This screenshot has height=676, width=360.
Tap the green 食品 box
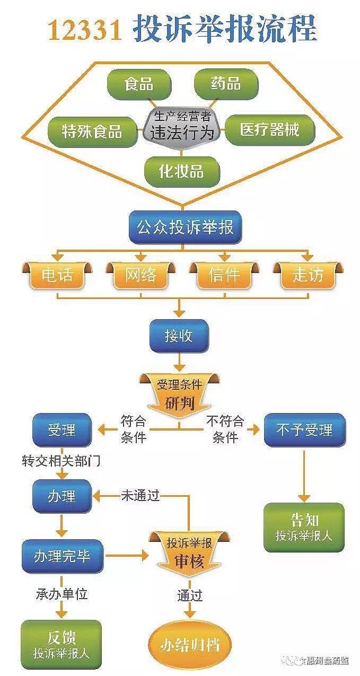point(139,84)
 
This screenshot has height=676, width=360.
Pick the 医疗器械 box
point(270,129)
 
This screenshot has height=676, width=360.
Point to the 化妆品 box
point(181,171)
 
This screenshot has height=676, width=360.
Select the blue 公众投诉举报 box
point(185,227)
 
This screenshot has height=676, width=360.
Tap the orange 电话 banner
point(57,275)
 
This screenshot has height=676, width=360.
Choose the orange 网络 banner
point(141,275)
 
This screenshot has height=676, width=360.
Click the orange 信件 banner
point(224,275)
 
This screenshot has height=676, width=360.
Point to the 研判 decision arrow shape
point(180,395)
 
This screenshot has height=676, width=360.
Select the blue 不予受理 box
point(305,429)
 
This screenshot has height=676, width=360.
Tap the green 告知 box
point(304,526)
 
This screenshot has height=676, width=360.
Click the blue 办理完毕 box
point(62,556)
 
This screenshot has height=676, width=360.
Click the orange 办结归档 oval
point(190,645)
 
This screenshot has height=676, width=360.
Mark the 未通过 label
point(140,497)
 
